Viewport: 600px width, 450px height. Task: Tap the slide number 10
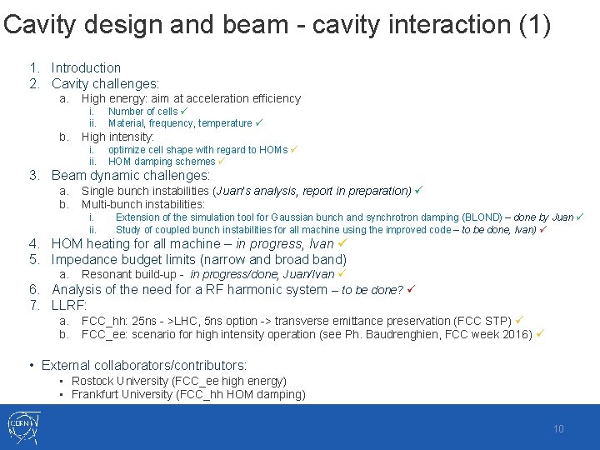(x=558, y=429)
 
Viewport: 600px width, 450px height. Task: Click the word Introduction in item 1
(x=86, y=67)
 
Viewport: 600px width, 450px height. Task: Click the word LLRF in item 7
(x=69, y=306)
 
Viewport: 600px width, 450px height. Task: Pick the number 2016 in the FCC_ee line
(x=518, y=334)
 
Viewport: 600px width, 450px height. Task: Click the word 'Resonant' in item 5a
(x=106, y=274)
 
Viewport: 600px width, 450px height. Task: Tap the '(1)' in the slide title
(x=533, y=25)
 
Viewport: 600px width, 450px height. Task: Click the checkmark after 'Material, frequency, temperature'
(x=259, y=122)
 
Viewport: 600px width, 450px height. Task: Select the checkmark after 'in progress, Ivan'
(x=342, y=244)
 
